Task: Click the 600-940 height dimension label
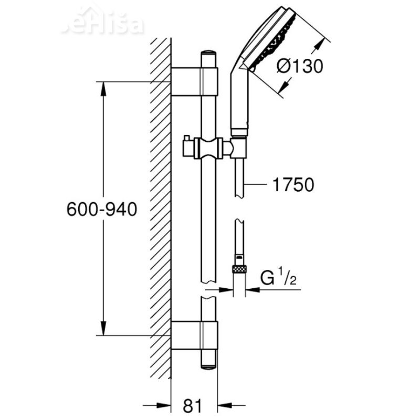tap(102, 209)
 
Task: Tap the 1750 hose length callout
tap(293, 184)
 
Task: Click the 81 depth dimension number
tap(194, 405)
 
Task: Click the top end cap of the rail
tap(208, 54)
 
